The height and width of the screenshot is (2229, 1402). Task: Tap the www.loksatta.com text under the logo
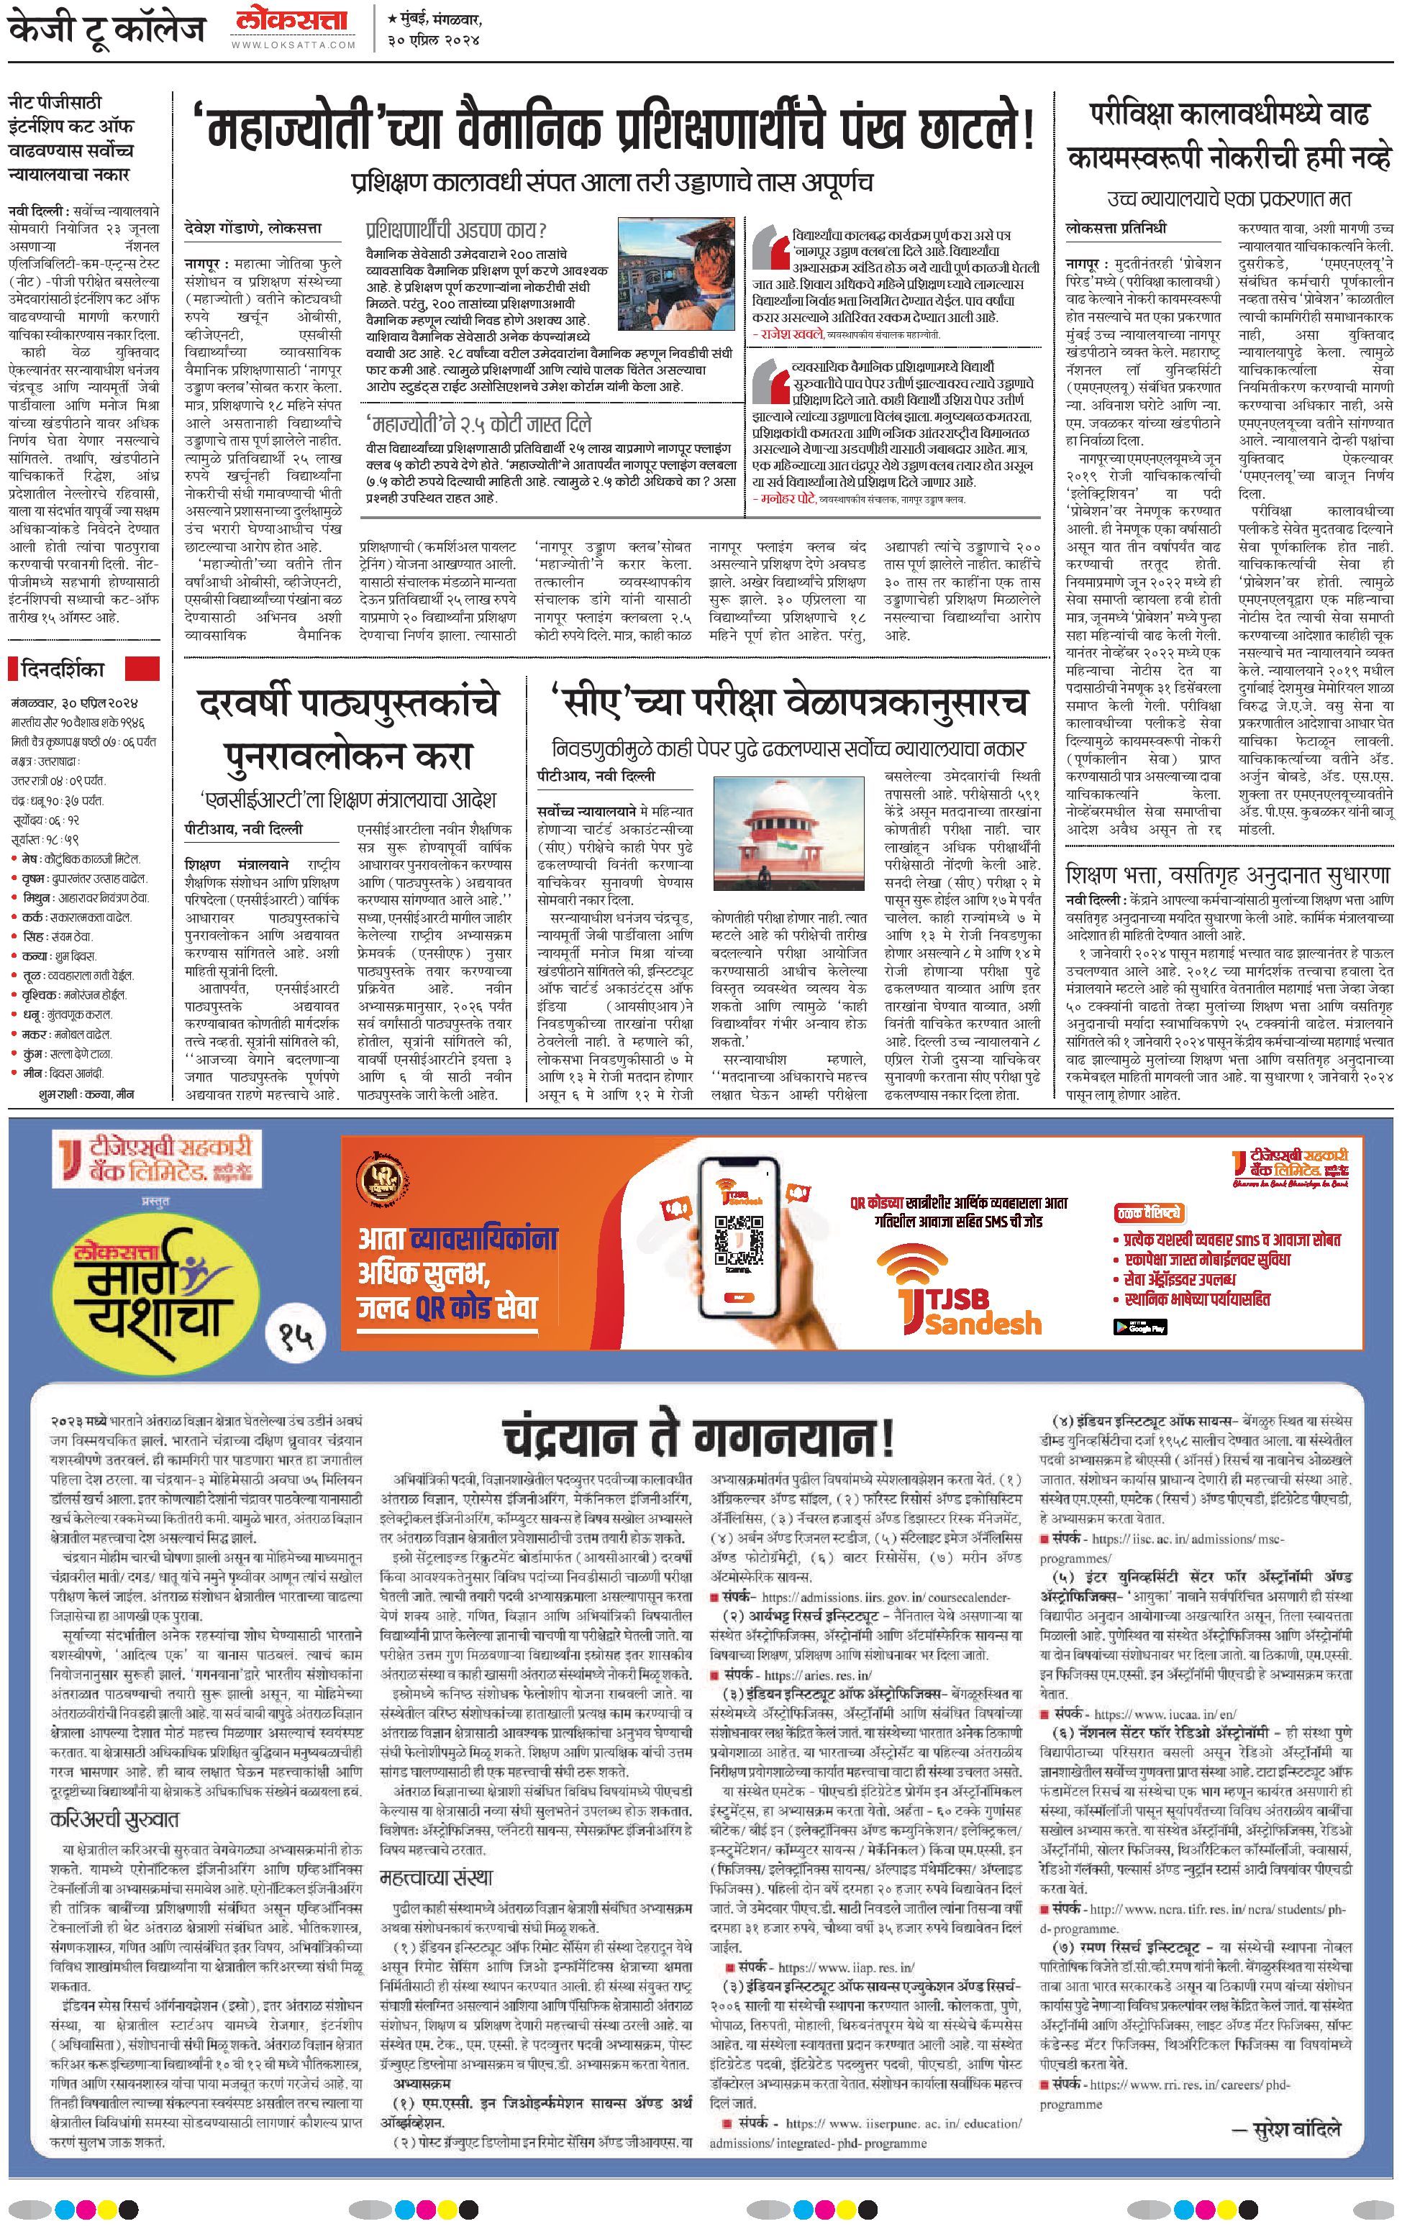(x=293, y=45)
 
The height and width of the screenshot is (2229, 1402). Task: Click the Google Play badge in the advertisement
(x=1139, y=1327)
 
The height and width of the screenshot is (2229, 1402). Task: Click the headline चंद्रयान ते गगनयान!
(x=699, y=1437)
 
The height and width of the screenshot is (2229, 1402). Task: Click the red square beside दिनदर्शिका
(x=142, y=668)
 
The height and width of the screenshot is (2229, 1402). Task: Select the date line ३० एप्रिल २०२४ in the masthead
(x=434, y=40)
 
